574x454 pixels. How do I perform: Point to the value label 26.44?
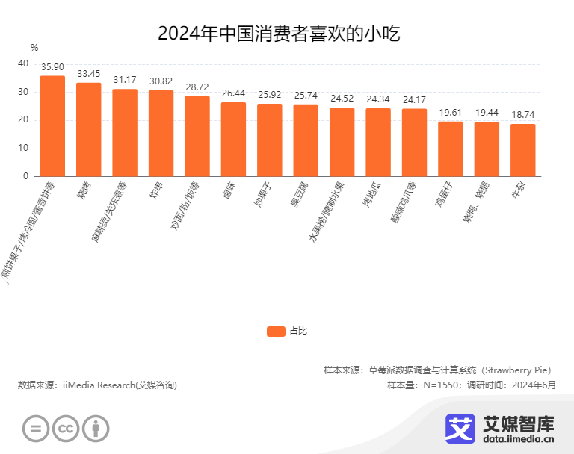tap(233, 93)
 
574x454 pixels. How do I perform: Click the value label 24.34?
tap(378, 99)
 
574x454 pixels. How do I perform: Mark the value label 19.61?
tap(451, 113)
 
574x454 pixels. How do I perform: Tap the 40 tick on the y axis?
tap(23, 64)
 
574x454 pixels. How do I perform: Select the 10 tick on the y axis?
tap(23, 148)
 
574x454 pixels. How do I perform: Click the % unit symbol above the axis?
tap(34, 48)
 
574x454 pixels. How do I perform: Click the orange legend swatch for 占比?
tap(276, 331)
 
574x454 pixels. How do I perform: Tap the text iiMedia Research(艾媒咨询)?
tap(120, 385)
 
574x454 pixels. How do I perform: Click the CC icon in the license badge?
tap(66, 428)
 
